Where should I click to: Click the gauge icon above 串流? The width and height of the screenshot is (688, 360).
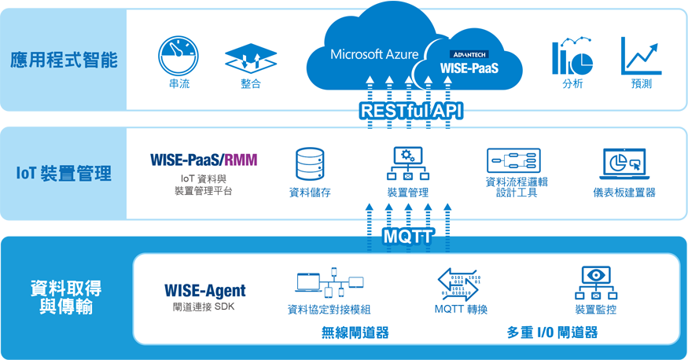point(178,56)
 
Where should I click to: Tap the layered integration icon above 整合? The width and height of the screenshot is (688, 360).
point(251,58)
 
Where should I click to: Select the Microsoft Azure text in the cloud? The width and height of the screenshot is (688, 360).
point(374,54)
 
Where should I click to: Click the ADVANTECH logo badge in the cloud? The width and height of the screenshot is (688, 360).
point(469,54)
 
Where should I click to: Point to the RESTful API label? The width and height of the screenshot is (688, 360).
point(411,111)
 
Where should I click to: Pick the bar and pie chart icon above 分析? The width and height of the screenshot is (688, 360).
point(572,56)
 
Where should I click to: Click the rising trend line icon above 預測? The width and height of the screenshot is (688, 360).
point(641,56)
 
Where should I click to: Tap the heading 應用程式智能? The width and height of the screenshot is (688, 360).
point(64,60)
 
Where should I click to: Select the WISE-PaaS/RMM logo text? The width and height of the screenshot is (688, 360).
point(204,160)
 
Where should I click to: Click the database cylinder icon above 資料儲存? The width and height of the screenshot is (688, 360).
point(310,164)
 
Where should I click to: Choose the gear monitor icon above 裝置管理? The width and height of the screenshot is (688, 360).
point(408,163)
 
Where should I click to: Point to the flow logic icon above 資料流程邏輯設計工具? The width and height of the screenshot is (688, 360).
point(513,160)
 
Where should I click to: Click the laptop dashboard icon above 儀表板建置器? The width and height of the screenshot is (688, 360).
point(624,163)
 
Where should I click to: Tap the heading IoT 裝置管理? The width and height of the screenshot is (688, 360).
point(64,174)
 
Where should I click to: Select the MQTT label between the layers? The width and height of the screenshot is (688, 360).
point(409,237)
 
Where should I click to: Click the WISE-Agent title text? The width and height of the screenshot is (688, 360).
point(205,290)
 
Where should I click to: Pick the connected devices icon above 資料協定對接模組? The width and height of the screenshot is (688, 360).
point(329,283)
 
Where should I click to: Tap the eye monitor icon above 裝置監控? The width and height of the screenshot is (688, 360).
point(596,283)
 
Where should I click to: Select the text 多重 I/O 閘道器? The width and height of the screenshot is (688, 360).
point(553,332)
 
